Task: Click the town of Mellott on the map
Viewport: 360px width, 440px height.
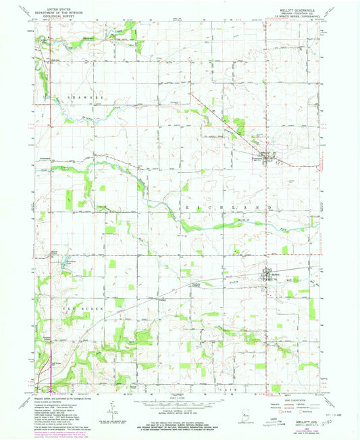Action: (267, 274)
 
